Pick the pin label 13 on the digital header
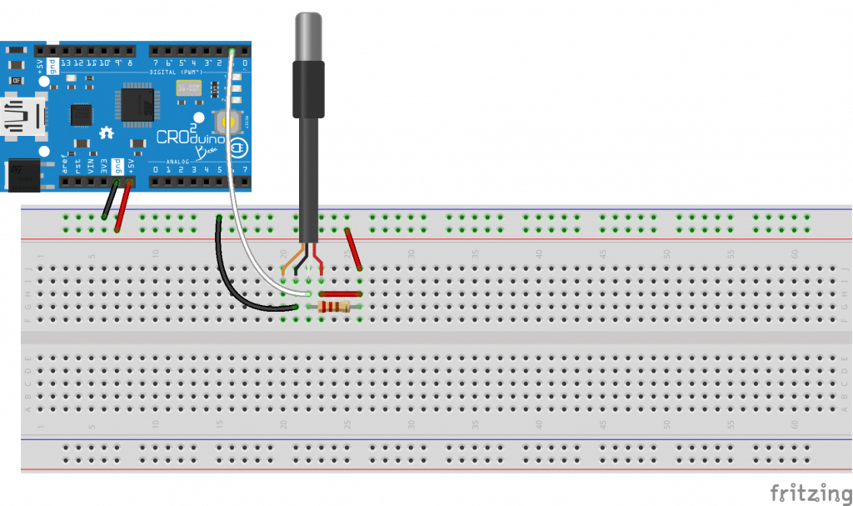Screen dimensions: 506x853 [66, 63]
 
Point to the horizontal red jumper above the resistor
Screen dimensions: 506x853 [340, 294]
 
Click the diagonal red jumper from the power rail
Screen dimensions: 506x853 [352, 248]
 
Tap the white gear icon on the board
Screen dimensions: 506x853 [106, 132]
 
